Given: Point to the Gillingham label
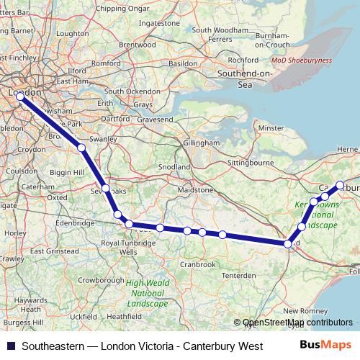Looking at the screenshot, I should (x=201, y=143).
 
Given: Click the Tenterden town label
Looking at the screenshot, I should (x=238, y=276).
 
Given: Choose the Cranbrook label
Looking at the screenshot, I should (x=197, y=264).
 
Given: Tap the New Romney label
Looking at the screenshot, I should (x=305, y=310).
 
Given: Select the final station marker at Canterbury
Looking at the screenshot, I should (x=340, y=186).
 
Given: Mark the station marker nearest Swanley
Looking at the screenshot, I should (x=81, y=148).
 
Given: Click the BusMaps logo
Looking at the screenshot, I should (x=325, y=346).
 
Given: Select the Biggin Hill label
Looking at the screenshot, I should (x=68, y=173).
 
